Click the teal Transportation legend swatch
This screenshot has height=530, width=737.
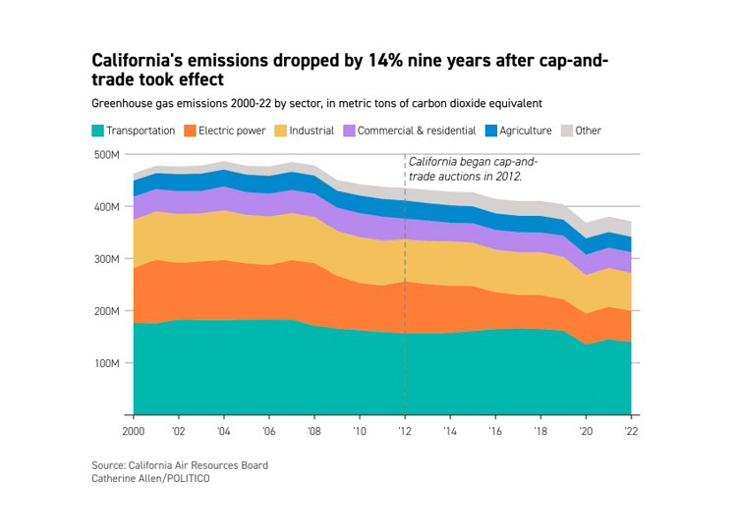point(97,131)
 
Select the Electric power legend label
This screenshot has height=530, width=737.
point(228,131)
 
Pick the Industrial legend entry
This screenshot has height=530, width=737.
point(312,131)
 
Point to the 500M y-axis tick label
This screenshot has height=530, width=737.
point(107,154)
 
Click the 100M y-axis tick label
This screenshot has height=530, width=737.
point(107,363)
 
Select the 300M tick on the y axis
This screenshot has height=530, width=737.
point(107,259)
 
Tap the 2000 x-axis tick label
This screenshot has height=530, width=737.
point(133,431)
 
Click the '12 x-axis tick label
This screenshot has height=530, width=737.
point(405,431)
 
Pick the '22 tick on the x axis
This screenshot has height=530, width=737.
point(631,431)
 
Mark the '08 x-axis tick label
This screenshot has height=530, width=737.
point(314,431)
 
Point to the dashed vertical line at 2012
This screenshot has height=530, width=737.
point(405,294)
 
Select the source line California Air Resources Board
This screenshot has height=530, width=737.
point(179,465)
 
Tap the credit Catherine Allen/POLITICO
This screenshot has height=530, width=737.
point(150,478)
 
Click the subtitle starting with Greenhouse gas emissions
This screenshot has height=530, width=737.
point(316,103)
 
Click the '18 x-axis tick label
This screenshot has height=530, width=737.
point(540,431)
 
